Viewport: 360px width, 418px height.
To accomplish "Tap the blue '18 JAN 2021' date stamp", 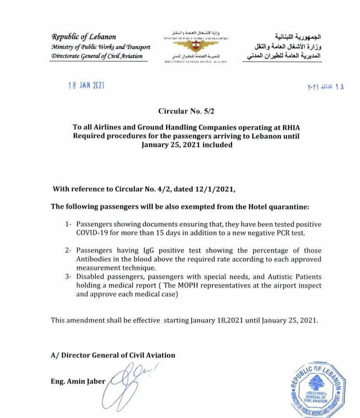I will pyautogui.click(x=87, y=86).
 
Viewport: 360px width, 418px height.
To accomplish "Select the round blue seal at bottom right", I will pyautogui.click(x=317, y=389).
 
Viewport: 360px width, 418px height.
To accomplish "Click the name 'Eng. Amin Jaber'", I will pyautogui.click(x=78, y=381).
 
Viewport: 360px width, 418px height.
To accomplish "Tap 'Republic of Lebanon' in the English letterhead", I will pyautogui.click(x=84, y=37).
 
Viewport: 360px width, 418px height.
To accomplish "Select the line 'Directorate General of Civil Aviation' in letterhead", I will pyautogui.click(x=97, y=56).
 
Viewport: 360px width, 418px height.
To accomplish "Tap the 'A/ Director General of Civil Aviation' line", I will pyautogui.click(x=113, y=355).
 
